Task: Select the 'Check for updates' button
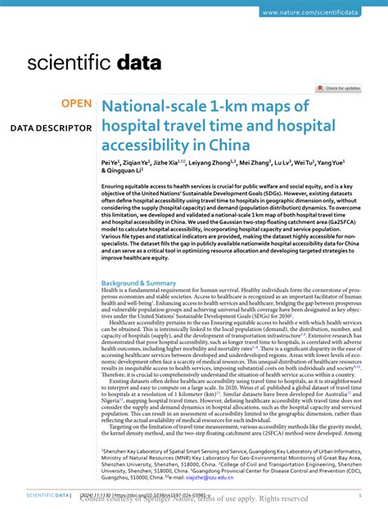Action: [x=339, y=88]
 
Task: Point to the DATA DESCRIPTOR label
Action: [x=51, y=128]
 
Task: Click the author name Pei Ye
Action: [x=112, y=164]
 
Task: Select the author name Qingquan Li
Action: [x=124, y=172]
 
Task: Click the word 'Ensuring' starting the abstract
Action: [x=116, y=187]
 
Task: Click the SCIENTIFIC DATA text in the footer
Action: [x=46, y=495]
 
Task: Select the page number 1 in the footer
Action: [x=361, y=495]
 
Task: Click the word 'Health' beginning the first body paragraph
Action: [x=111, y=290]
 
